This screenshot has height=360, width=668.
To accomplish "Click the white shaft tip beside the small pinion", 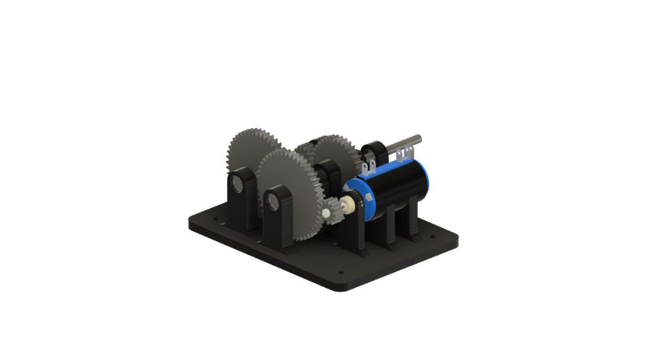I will [x=325, y=212].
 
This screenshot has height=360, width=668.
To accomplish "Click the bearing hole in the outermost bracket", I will [x=237, y=184].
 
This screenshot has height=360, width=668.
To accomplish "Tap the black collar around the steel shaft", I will [x=375, y=152].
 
